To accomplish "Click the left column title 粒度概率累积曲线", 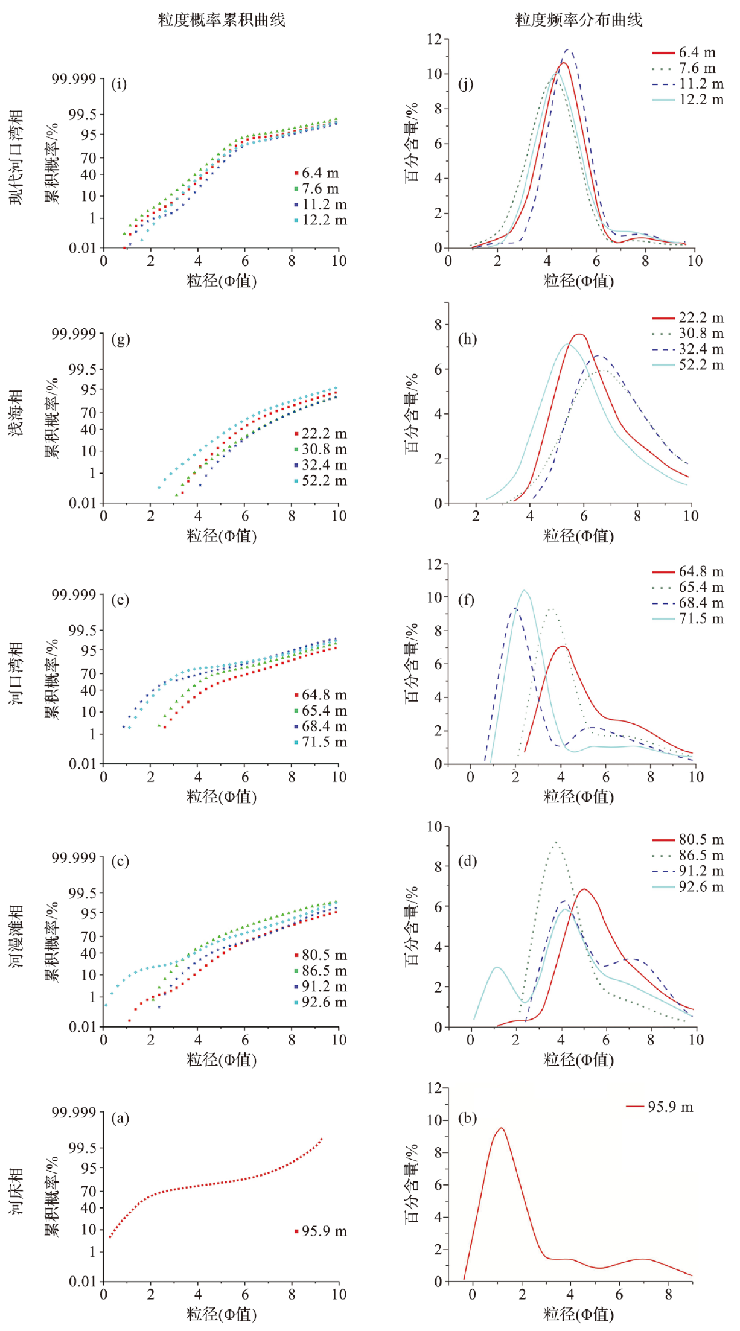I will (x=222, y=20).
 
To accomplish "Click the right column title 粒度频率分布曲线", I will (x=578, y=20).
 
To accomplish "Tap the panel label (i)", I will (x=119, y=84).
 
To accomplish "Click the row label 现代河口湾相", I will (x=16, y=157).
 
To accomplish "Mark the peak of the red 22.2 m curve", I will (x=579, y=334).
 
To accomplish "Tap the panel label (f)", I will (x=466, y=600).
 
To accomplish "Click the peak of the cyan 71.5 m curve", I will (x=524, y=591).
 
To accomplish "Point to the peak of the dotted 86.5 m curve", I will (x=555, y=842).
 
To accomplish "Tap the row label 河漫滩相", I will (x=16, y=936).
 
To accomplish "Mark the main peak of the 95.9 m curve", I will (x=501, y=1128).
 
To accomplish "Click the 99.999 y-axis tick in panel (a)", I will (x=74, y=1112).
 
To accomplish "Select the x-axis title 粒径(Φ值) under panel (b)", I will (x=578, y=1314).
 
